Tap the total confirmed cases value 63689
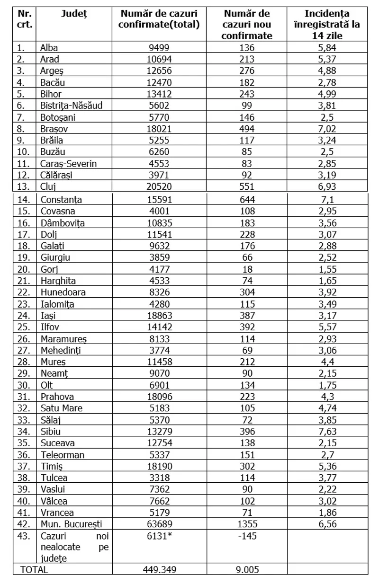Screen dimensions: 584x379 pyautogui.click(x=159, y=524)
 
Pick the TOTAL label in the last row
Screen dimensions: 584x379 pyautogui.click(x=34, y=570)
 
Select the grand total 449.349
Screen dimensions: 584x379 pyautogui.click(x=159, y=570)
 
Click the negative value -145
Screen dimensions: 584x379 pyautogui.click(x=247, y=535)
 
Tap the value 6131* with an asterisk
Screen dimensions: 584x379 pyautogui.click(x=160, y=535)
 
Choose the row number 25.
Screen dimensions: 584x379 pyautogui.click(x=23, y=327)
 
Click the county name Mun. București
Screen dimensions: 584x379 pyautogui.click(x=71, y=524)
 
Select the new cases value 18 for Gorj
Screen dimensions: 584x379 pyautogui.click(x=247, y=269)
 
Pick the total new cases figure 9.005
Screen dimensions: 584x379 pyautogui.click(x=247, y=570)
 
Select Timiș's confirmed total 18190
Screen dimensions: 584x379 pyautogui.click(x=159, y=466)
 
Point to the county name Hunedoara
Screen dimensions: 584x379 pyautogui.click(x=63, y=292)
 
